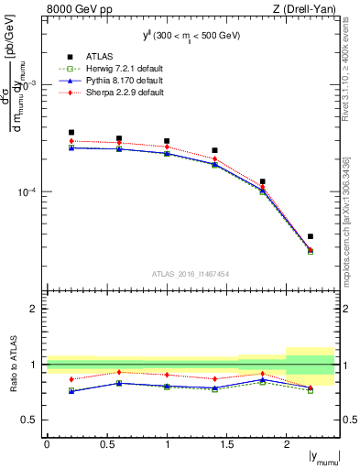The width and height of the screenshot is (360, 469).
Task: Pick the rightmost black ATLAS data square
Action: click(311, 236)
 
